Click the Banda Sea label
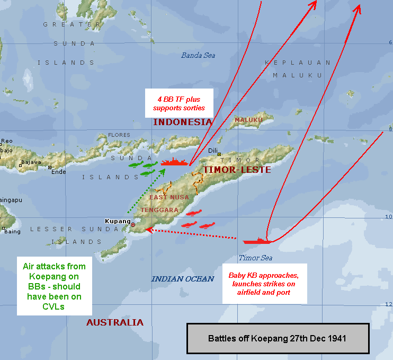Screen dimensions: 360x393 click(198, 55)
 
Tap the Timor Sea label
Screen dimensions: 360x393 click(255, 258)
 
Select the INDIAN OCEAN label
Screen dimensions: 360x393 click(183, 279)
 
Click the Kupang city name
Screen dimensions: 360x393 click(118, 221)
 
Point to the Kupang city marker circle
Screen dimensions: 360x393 click(133, 225)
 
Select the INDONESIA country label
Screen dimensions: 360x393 click(182, 122)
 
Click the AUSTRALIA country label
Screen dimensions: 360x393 click(115, 322)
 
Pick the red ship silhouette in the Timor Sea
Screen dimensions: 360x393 click(257, 241)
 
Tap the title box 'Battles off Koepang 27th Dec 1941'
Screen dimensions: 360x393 click(278, 338)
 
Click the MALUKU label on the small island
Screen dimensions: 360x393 click(248, 120)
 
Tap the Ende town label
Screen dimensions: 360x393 click(59, 171)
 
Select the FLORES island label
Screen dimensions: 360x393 click(119, 135)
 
